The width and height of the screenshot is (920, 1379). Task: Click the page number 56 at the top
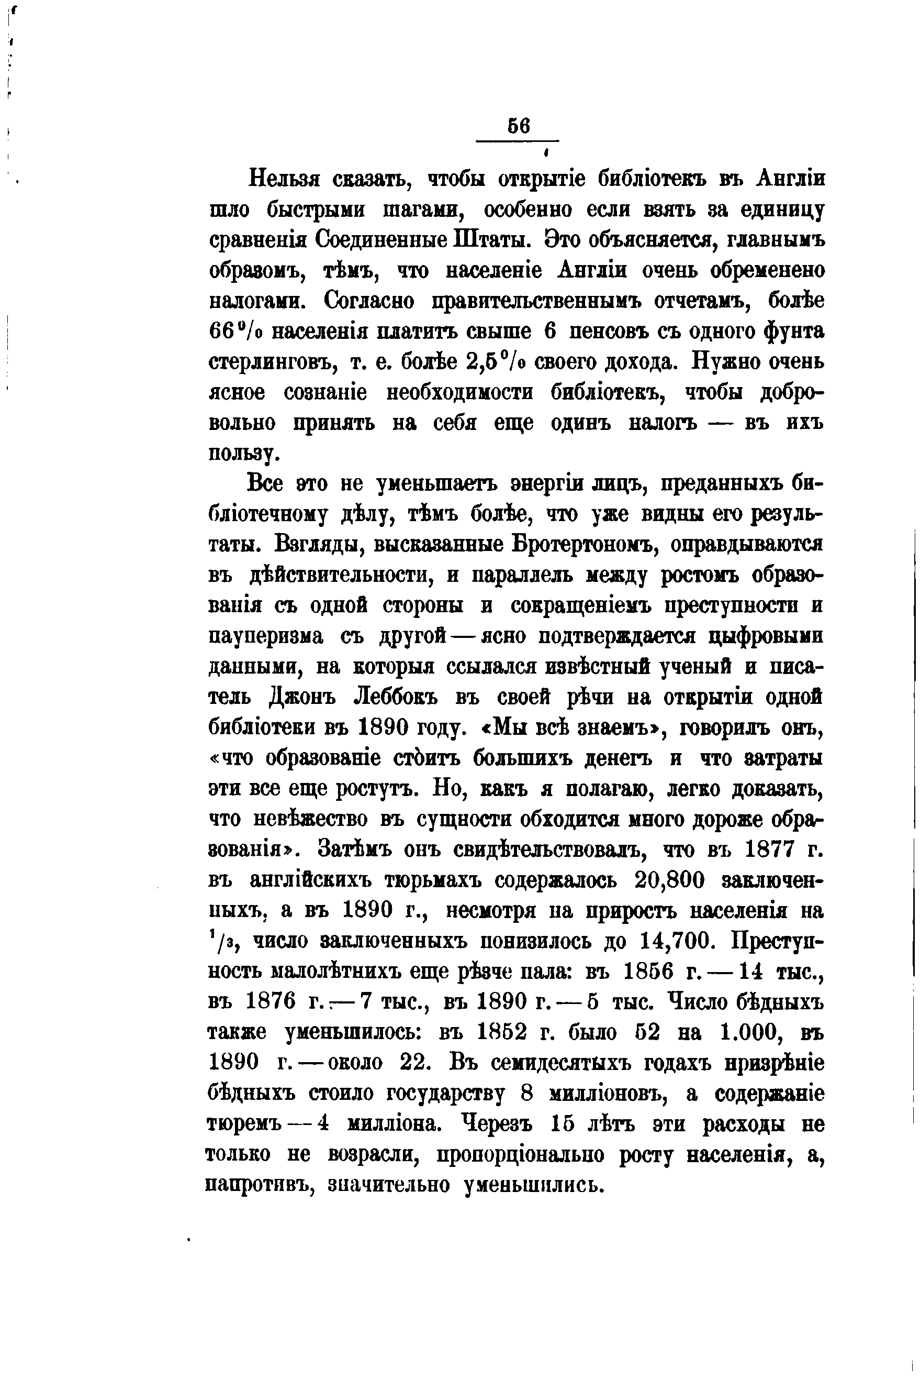click(519, 127)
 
